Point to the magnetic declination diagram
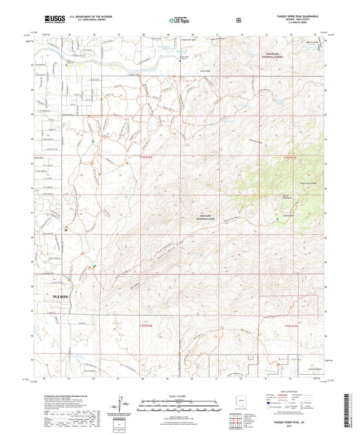click(x=122, y=404)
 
